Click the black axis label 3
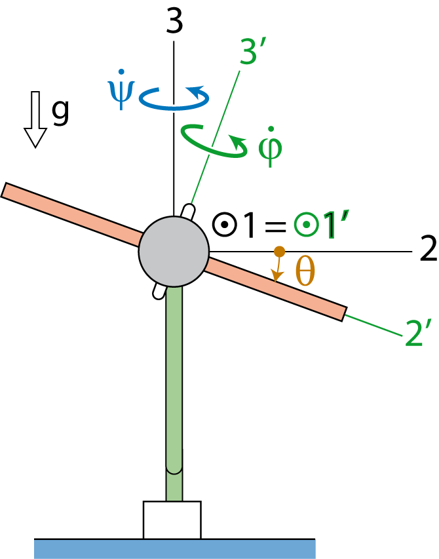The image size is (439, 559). coord(174,21)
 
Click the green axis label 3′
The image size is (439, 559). coord(254,52)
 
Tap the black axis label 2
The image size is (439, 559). coord(428,249)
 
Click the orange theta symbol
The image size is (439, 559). coord(305,271)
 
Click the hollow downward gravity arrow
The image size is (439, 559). coord(35,119)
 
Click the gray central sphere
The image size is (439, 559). coord(174,252)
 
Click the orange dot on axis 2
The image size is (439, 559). coord(279,252)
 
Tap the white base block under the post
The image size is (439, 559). coord(172,520)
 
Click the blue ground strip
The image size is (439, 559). coord(174,549)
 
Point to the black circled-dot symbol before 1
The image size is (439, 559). coord(225,225)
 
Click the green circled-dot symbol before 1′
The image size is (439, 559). coord(306,225)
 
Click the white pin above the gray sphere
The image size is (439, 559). coord(188,211)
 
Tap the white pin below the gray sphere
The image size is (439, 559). coord(159,292)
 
